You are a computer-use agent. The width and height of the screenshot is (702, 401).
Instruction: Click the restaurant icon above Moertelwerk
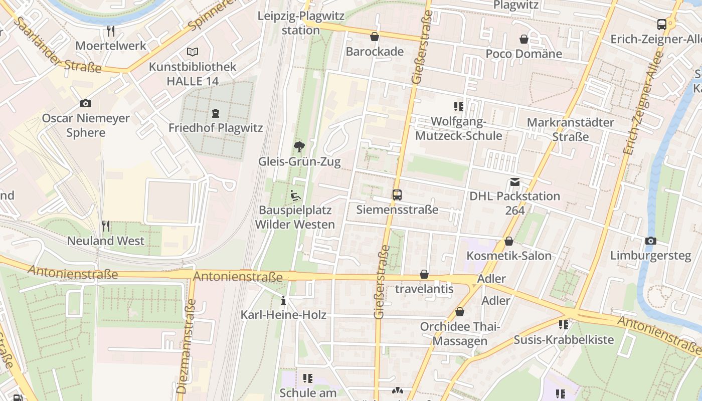111,31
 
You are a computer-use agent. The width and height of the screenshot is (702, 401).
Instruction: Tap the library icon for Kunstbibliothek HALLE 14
193,52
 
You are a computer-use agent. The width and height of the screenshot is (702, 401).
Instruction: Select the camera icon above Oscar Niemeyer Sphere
86,104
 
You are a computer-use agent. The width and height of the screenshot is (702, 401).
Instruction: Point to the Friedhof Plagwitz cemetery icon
216,113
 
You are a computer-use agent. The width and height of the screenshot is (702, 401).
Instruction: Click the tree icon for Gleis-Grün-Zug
299,147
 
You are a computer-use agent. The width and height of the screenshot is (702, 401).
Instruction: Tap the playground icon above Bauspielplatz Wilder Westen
295,195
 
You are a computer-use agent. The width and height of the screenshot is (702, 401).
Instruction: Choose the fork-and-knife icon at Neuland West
106,226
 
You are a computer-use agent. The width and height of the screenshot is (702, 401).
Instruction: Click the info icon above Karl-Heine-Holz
283,301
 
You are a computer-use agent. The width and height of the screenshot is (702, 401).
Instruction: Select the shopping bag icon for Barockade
375,37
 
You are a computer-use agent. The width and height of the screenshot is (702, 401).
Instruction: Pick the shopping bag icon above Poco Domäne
524,39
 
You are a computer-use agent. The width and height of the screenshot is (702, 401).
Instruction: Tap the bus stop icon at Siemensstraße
397,195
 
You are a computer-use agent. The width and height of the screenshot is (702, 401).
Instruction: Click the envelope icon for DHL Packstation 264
515,182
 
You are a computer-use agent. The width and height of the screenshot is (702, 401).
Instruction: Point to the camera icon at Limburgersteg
651,241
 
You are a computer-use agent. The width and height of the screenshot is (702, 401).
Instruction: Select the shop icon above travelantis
424,274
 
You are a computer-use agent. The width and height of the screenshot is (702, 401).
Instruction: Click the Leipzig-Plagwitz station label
301,23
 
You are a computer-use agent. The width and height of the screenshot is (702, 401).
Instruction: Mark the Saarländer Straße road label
58,45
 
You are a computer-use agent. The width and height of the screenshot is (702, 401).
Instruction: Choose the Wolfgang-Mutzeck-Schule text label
459,129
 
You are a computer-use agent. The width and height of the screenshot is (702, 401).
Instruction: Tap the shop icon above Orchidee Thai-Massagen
460,312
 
